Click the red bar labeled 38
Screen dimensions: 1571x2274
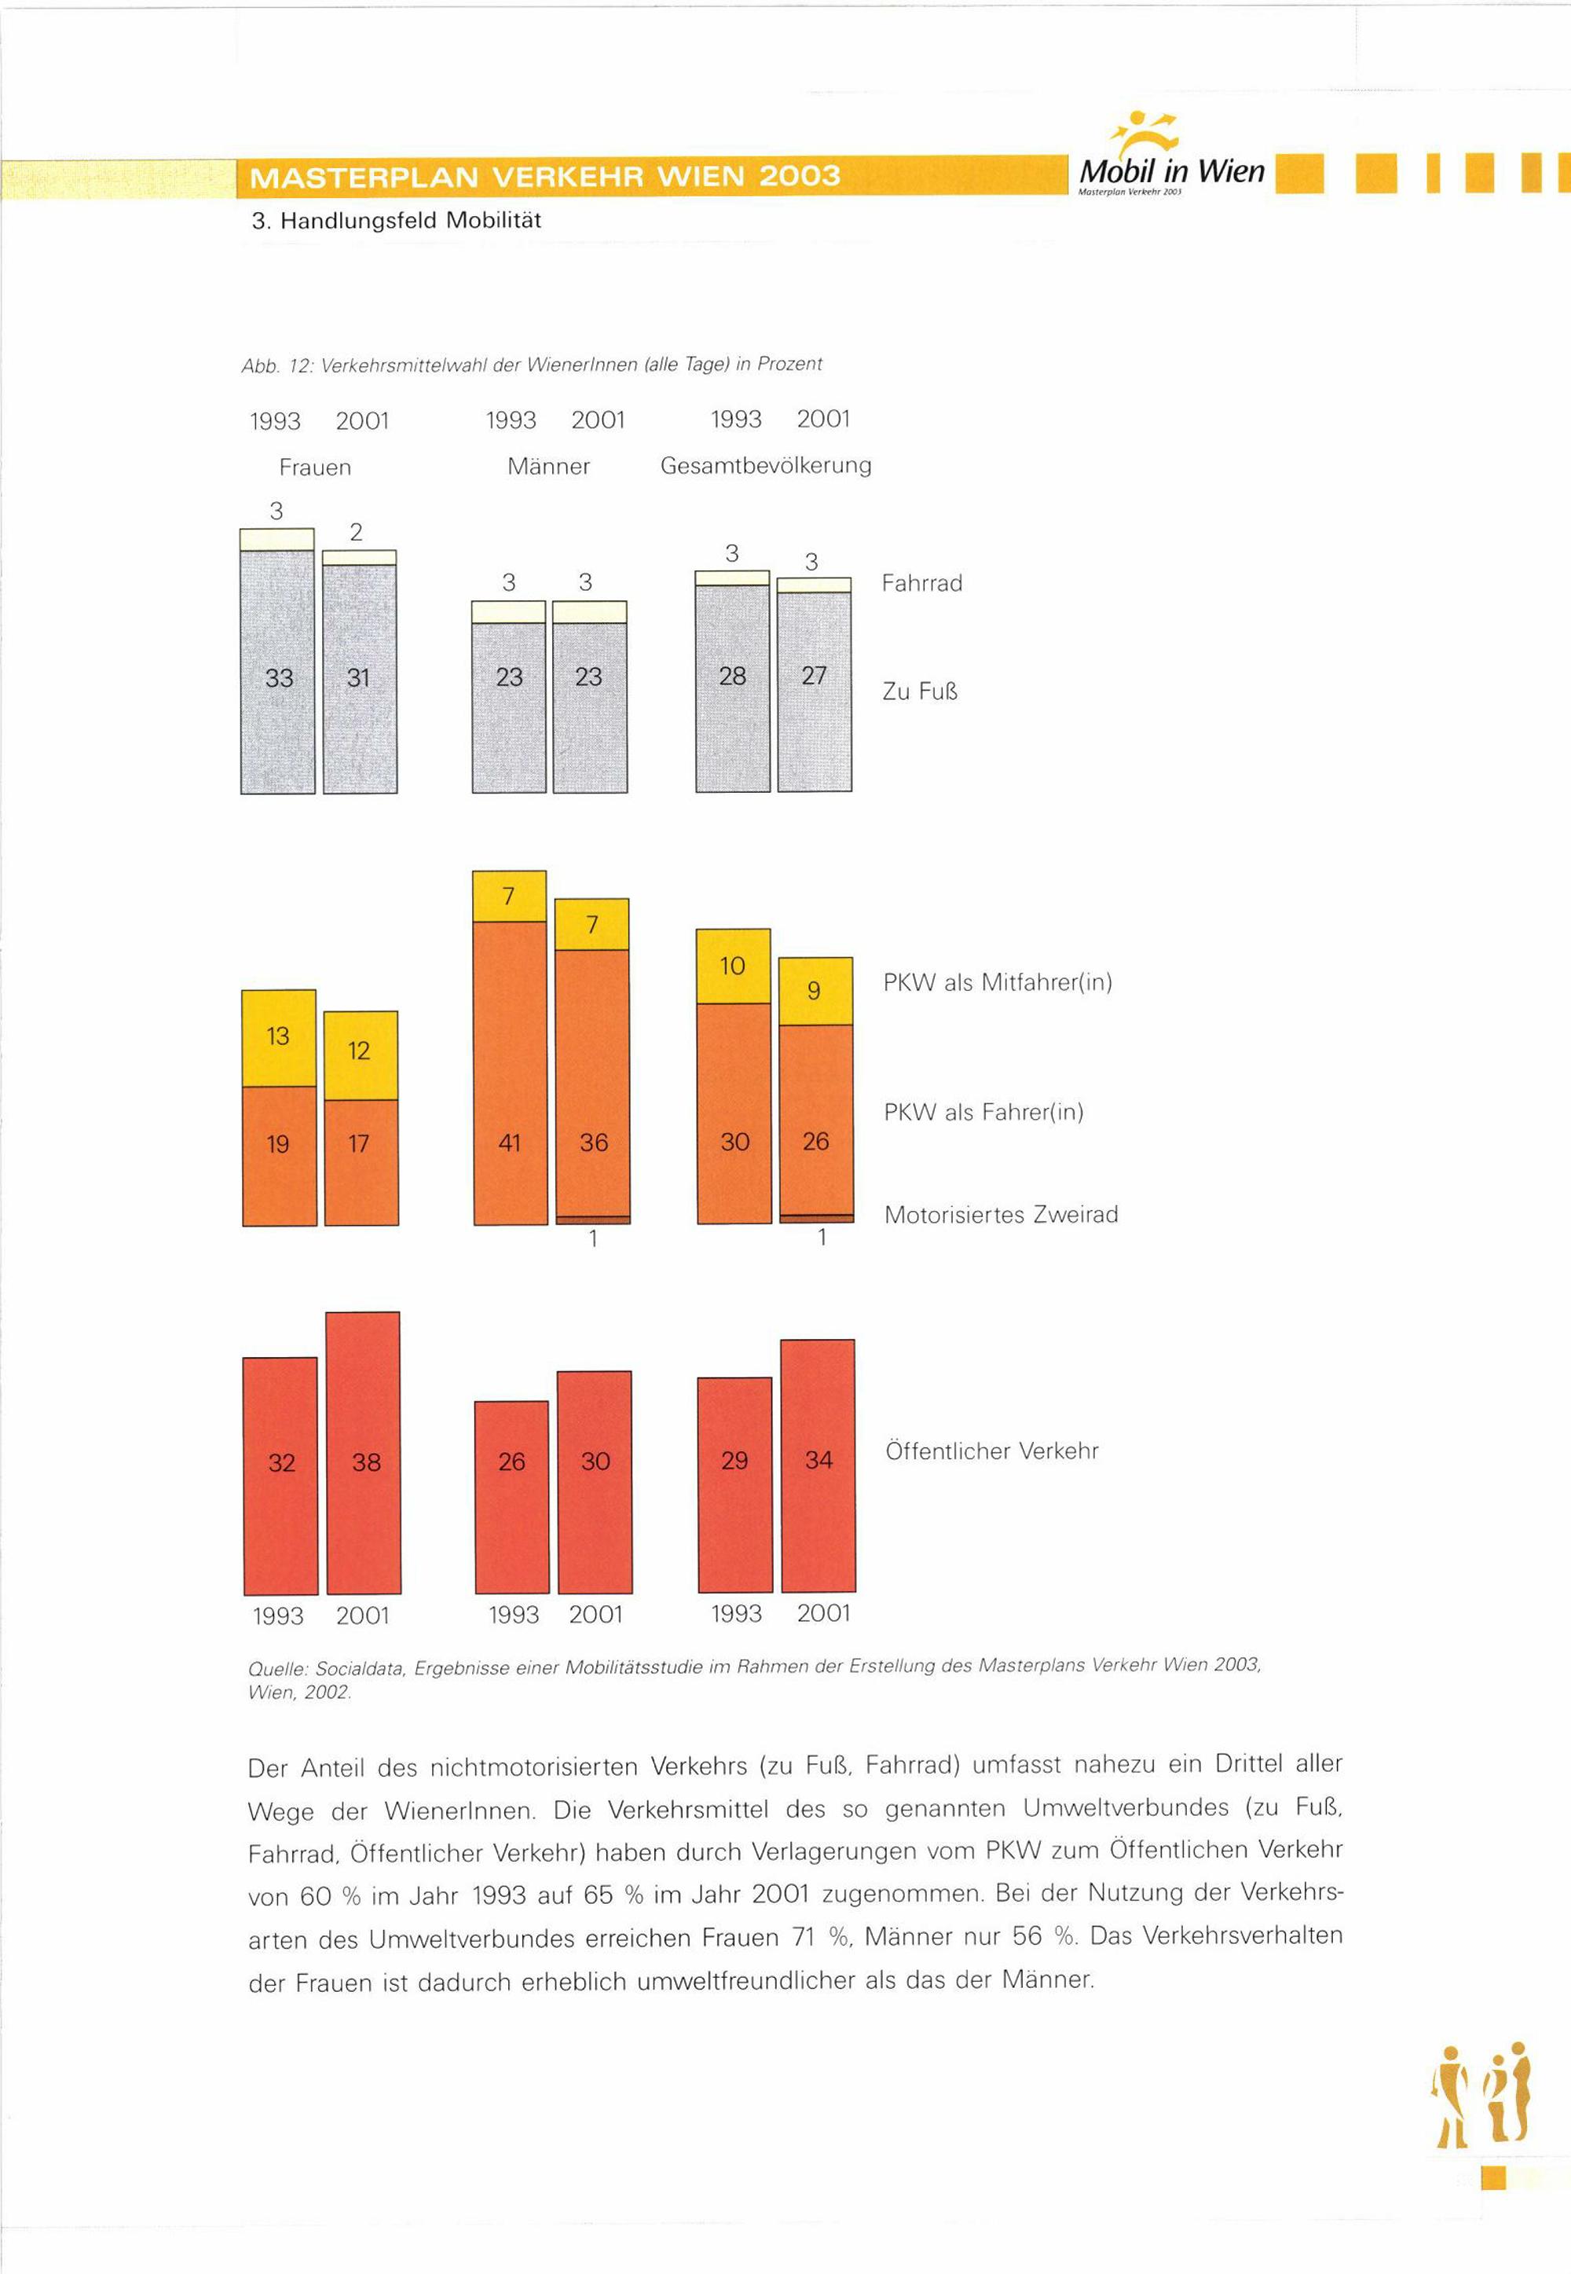(363, 1453)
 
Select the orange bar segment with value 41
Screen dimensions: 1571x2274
(510, 1073)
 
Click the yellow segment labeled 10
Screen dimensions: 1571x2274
(734, 966)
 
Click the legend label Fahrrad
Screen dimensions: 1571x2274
(921, 584)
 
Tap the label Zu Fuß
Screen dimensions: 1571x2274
(919, 691)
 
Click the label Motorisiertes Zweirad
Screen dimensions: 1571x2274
(1001, 1214)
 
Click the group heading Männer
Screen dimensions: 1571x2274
(548, 466)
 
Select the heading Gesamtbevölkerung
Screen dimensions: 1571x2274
(766, 466)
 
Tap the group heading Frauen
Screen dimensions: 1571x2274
(315, 467)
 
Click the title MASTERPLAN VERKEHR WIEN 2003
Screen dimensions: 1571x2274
(546, 178)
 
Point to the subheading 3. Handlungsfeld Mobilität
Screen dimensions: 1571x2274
(396, 221)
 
